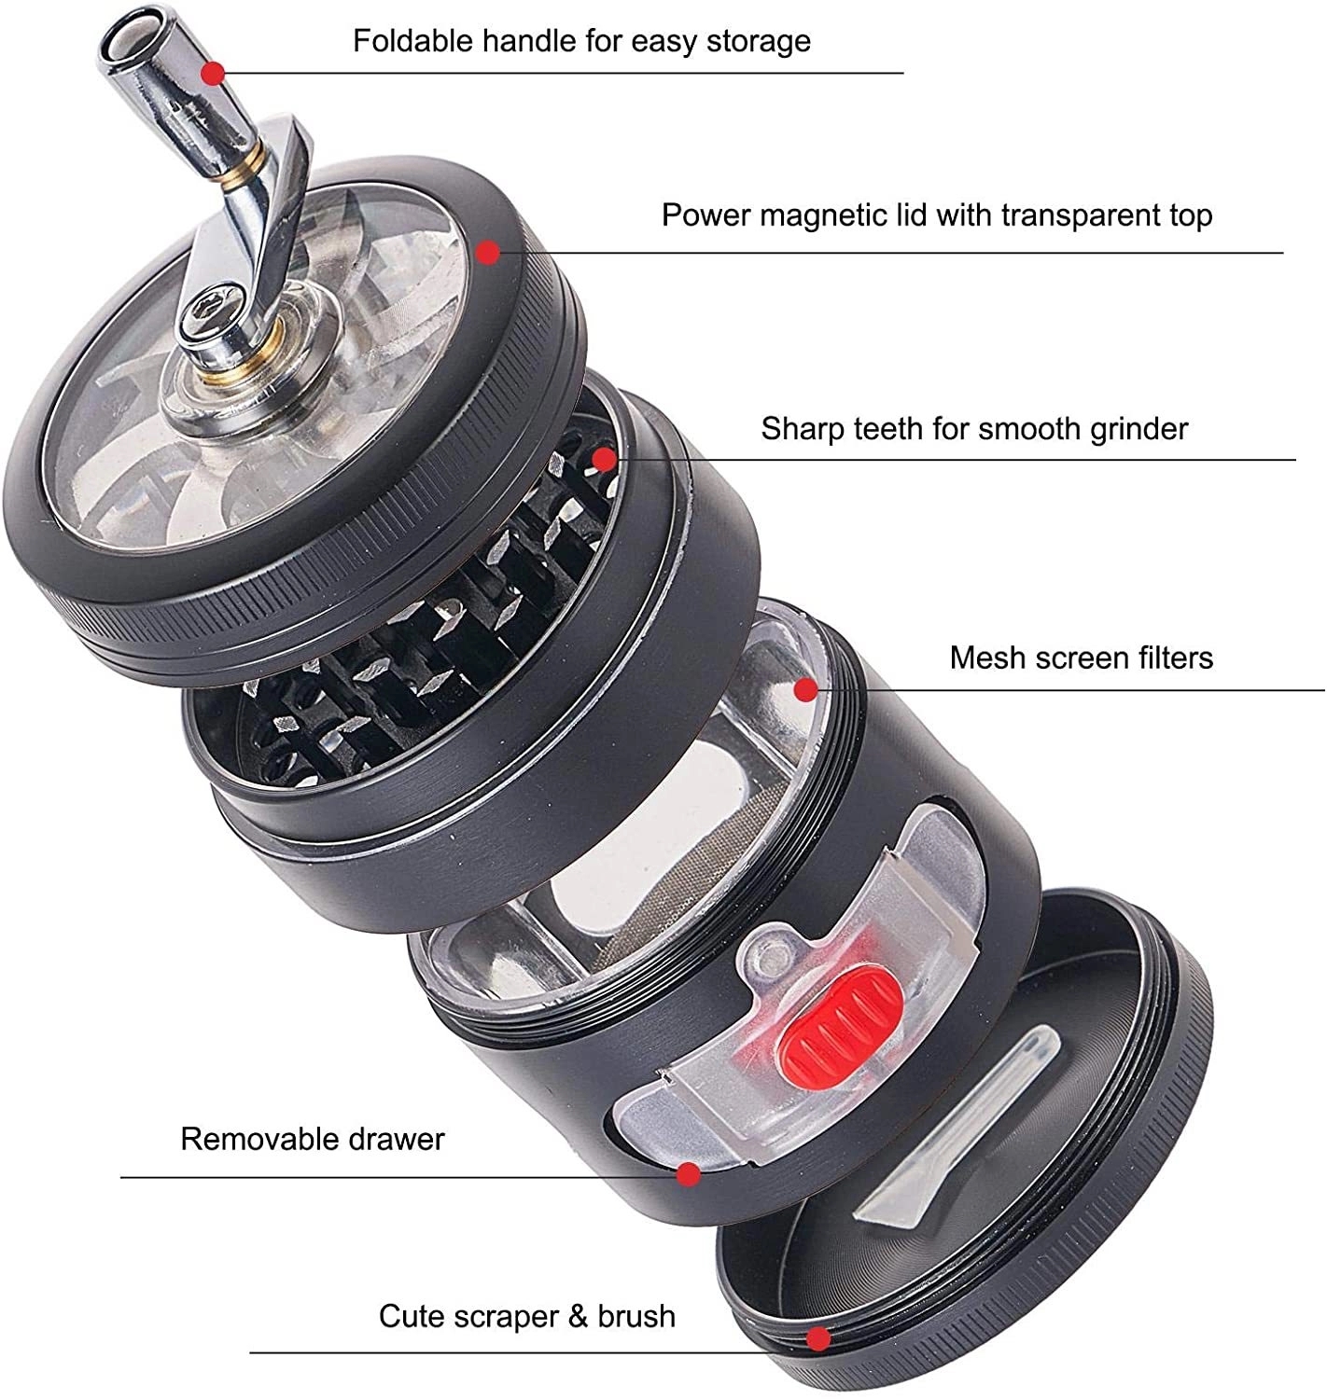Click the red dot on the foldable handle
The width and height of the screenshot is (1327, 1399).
[214, 73]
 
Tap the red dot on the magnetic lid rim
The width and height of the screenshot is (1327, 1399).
[487, 252]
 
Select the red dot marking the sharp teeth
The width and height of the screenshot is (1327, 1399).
[605, 459]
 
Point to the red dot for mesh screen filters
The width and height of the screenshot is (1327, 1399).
[805, 690]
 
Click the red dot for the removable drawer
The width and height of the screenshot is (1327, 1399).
[689, 1175]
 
